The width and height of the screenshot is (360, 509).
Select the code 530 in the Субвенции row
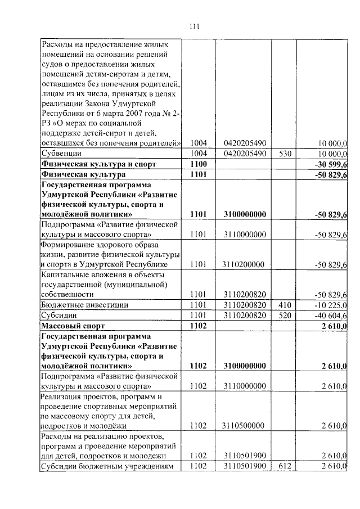coord(286,153)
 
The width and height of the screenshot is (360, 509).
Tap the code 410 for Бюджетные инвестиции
coord(286,305)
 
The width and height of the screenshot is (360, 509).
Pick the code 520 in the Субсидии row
coord(286,316)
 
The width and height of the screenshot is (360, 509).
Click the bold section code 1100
coord(199,164)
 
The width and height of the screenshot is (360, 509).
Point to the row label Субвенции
coord(61,153)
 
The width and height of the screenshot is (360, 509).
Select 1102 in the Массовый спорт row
coord(199,326)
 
